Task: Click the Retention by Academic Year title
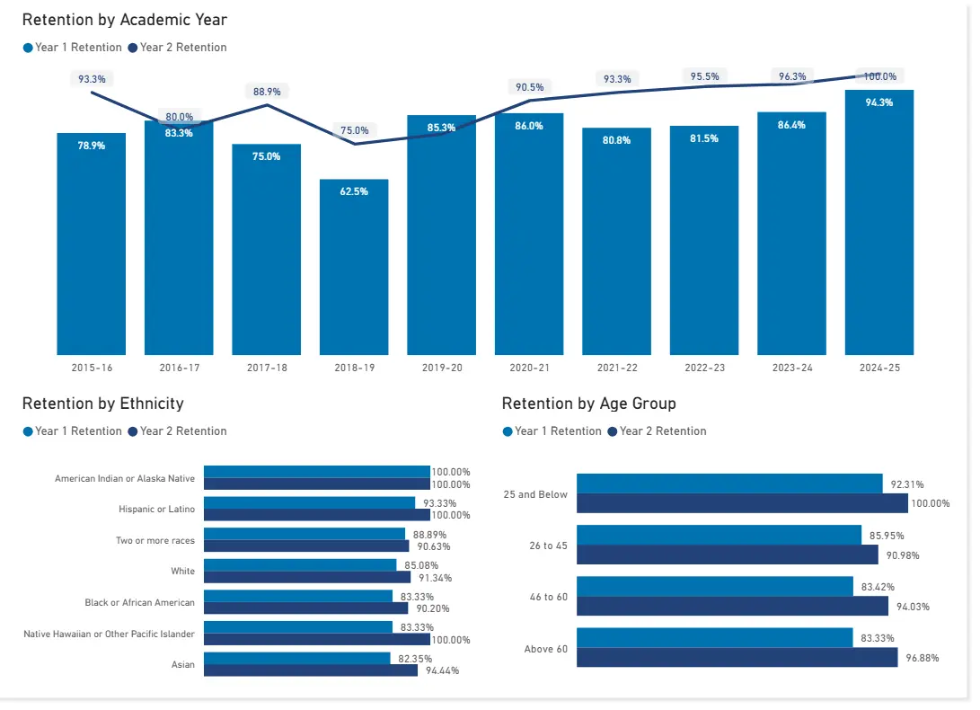click(125, 20)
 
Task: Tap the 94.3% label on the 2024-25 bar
click(878, 102)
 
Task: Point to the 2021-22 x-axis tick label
click(616, 368)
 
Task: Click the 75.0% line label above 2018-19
click(354, 130)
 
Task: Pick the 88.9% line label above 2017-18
click(267, 92)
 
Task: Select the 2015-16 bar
click(91, 244)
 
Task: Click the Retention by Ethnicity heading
click(102, 404)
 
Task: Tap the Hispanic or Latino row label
click(156, 510)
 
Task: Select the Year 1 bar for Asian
click(296, 659)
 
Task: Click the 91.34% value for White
click(435, 578)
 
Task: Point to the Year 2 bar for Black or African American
click(305, 608)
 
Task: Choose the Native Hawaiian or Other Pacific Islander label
click(109, 634)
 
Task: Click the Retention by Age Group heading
click(588, 404)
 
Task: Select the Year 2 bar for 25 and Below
click(741, 503)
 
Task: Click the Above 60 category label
click(545, 649)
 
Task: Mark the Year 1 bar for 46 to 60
click(714, 587)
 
